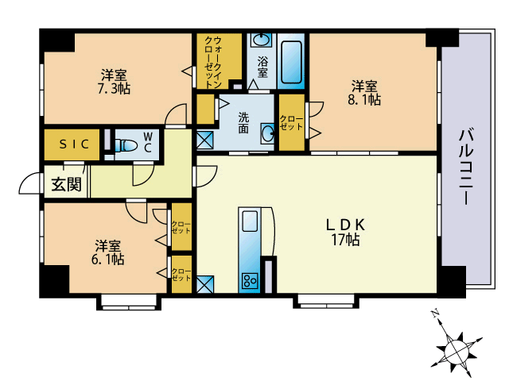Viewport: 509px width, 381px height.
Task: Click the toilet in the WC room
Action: coord(126,145)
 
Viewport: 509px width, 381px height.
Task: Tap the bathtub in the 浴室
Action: coord(291,62)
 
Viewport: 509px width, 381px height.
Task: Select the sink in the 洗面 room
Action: coord(267,133)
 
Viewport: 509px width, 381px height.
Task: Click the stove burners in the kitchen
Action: coord(249,280)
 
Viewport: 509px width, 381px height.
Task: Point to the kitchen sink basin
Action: coord(250,221)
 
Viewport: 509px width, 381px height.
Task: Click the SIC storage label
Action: coord(74,144)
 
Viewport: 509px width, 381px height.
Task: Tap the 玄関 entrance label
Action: coord(66,184)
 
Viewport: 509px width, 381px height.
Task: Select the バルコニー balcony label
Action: coord(465,167)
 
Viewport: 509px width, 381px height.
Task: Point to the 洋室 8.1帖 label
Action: coord(364,93)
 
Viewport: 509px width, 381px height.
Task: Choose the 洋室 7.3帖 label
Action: coord(114,82)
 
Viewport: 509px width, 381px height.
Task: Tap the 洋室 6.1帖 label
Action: coord(107,252)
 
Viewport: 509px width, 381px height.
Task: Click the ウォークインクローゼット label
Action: coord(213,62)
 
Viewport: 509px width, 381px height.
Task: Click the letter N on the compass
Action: coord(434,314)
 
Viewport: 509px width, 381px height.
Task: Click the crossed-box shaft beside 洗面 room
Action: coord(205,140)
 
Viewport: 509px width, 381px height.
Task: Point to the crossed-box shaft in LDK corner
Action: coord(205,284)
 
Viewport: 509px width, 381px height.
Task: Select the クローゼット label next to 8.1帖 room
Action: coord(291,123)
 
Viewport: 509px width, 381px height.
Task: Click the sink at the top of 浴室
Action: coord(262,40)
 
